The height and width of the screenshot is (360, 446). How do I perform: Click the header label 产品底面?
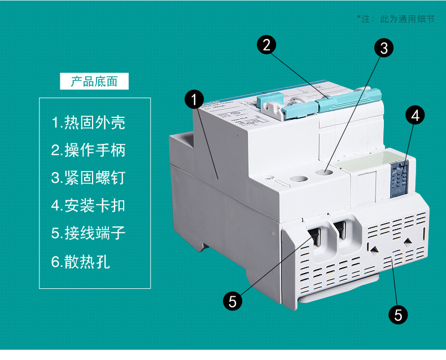pyautogui.click(x=94, y=81)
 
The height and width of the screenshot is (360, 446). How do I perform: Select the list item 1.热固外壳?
pyautogui.click(x=88, y=122)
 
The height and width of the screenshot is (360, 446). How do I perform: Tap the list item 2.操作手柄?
pyautogui.click(x=88, y=150)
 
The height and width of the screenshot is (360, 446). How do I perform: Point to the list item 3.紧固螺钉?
pyautogui.click(x=88, y=178)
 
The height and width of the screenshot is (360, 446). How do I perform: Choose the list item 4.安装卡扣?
pyautogui.click(x=88, y=205)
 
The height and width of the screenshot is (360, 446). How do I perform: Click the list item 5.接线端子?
pyautogui.click(x=88, y=233)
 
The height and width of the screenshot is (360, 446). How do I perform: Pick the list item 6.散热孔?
pyautogui.click(x=81, y=262)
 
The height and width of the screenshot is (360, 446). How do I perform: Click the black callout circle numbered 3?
pyautogui.click(x=384, y=48)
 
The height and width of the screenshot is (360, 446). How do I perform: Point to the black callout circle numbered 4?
pyautogui.click(x=415, y=116)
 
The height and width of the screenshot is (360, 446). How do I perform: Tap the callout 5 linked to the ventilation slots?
pyautogui.click(x=399, y=314)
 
